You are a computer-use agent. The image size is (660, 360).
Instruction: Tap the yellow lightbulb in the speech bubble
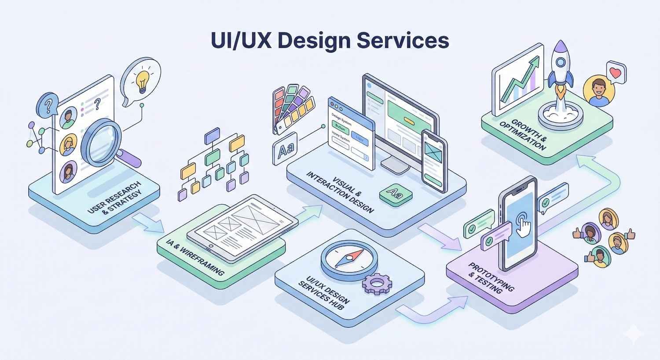[142, 81]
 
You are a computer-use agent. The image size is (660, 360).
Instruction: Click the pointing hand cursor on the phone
[523, 223]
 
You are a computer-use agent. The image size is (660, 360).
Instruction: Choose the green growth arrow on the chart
[521, 77]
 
